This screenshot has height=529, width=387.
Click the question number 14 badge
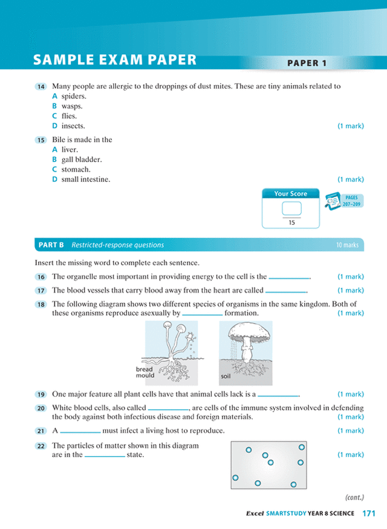[41, 86]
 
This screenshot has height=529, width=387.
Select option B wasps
[71, 106]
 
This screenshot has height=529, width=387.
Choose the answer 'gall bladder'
[81, 160]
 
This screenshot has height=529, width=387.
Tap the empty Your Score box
[291, 209]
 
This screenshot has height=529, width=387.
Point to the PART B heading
[51, 245]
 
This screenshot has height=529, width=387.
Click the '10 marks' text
[347, 245]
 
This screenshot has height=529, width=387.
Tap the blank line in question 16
[289, 277]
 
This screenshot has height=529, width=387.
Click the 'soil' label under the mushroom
[226, 375]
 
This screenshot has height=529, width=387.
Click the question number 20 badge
[41, 409]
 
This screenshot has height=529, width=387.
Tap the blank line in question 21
[80, 432]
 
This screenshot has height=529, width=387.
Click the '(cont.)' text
[354, 497]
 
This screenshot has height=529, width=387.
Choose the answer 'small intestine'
[85, 180]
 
